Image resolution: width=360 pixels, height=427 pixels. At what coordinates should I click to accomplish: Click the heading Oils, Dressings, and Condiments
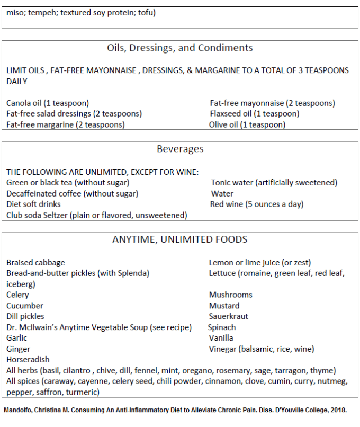(180, 48)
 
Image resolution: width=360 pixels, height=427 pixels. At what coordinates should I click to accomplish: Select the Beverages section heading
(180, 149)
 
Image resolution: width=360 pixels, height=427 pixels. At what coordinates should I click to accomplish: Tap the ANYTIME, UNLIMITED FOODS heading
(179, 239)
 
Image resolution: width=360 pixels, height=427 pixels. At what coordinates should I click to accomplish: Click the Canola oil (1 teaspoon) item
(48, 103)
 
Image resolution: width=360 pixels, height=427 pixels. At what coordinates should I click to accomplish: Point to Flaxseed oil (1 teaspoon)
(255, 114)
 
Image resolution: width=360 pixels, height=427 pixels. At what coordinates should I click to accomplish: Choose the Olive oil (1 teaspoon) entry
(247, 125)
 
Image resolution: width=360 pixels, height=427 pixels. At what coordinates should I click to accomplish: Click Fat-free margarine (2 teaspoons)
(66, 125)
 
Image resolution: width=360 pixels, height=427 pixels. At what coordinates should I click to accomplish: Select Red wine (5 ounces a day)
(257, 204)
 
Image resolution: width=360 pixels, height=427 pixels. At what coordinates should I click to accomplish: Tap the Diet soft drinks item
(33, 204)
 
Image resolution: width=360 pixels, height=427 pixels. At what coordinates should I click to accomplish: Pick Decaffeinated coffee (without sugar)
(72, 194)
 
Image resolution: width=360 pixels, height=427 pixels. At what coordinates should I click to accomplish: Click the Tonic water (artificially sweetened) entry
(274, 183)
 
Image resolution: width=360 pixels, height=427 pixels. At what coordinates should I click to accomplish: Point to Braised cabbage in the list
(35, 263)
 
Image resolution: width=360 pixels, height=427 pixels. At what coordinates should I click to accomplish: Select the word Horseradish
(28, 360)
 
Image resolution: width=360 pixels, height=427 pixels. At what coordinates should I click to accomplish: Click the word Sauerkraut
(229, 316)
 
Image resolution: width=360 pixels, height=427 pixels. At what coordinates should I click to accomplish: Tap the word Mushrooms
(231, 295)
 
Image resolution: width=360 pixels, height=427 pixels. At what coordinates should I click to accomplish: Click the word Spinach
(222, 327)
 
